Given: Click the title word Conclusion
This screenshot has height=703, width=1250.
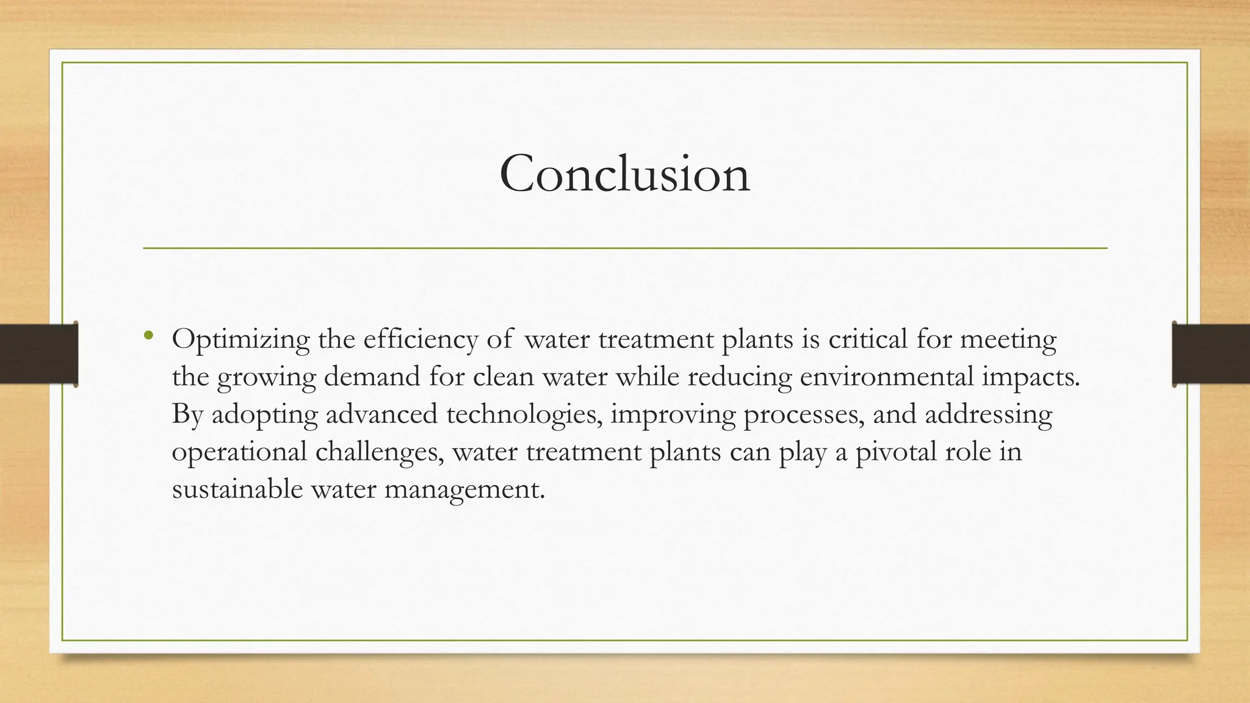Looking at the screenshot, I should point(624,175).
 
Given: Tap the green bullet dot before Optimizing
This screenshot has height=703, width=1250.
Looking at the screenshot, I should point(148,334).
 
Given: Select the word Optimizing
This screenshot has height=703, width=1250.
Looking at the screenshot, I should point(240,340).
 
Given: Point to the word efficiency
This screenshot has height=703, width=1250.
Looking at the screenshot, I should point(421,339).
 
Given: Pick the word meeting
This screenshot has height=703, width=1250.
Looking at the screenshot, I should point(1008,340).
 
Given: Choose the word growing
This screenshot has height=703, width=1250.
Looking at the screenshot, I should point(266,378).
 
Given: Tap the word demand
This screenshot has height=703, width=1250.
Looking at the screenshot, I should point(372,377).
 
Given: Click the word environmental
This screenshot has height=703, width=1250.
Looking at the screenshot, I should point(886,377).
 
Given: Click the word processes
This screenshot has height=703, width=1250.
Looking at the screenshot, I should point(804,415).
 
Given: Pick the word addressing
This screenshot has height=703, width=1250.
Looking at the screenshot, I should point(988,415).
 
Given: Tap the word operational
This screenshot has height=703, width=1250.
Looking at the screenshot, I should point(239,453).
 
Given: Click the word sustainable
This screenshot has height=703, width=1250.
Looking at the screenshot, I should point(237,489).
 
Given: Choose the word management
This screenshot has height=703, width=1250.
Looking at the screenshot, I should point(464,490).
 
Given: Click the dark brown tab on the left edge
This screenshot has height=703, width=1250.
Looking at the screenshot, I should point(38,354).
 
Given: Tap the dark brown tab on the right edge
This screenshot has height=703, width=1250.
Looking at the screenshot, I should point(1211,354).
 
